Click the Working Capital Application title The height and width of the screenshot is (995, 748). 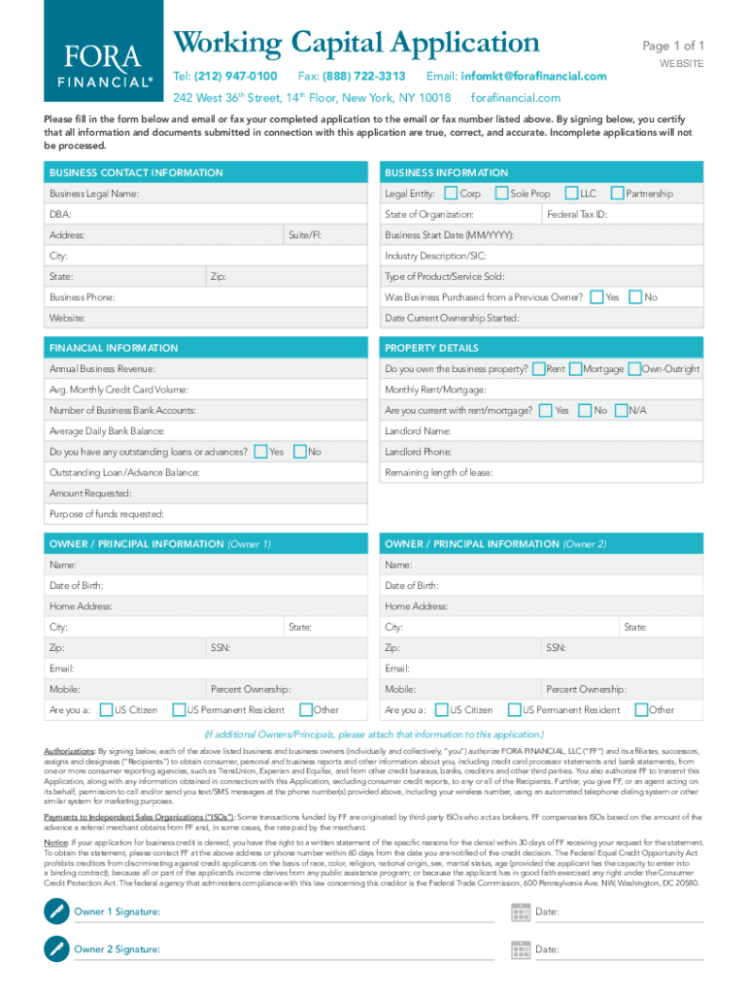pos(356,43)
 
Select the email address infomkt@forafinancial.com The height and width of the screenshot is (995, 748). pos(533,76)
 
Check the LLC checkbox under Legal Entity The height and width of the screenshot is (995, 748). pos(571,193)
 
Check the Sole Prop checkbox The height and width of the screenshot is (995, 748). pos(501,193)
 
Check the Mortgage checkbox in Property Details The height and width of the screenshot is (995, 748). pos(575,369)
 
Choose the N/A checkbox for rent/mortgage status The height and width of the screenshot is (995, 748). pos(621,410)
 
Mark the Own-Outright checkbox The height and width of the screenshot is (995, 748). pos(633,369)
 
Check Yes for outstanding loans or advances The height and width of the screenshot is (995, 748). pos(259,451)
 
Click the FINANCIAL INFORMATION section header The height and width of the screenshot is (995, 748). pos(114,348)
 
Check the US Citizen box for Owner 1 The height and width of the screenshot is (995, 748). pos(107,709)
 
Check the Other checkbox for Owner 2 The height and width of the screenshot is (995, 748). pos(640,709)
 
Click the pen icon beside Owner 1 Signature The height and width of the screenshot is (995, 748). pos(57,911)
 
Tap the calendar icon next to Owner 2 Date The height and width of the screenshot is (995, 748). pos(520,949)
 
